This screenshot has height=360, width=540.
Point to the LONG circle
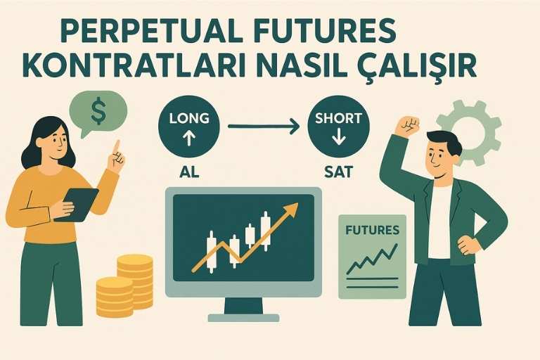189,126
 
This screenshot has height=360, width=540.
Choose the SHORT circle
338,126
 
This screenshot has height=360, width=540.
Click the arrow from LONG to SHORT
264,127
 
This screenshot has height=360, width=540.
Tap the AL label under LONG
189,170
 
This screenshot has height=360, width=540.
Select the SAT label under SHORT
338,170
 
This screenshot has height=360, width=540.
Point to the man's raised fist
406,126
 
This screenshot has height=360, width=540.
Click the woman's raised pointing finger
116,149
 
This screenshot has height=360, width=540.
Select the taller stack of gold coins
135,281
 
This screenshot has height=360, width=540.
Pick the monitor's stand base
243,317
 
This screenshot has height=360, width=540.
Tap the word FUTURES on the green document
372,230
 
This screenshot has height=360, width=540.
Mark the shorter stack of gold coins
114,296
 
